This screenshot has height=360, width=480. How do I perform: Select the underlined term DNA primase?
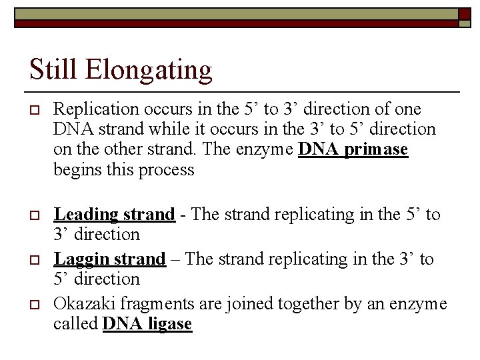(353, 149)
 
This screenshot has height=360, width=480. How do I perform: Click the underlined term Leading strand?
(114, 214)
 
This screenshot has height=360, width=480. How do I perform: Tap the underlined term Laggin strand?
(109, 259)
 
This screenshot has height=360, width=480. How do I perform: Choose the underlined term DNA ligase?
(147, 325)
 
